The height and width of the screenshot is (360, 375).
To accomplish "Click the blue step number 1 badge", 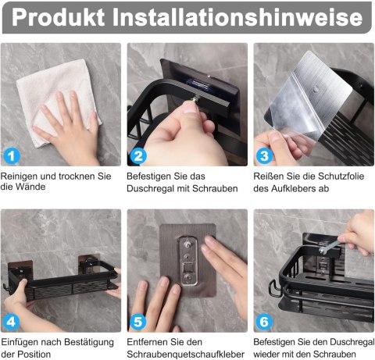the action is click(11, 156).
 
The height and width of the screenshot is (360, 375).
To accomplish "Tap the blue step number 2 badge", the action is click(138, 156).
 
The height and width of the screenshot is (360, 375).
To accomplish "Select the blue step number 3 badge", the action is click(264, 156).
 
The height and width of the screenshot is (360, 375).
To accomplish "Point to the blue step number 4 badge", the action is click(11, 322).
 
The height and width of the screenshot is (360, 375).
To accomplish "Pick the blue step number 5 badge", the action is click(138, 322).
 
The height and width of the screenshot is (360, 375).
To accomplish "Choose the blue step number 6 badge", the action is click(264, 322).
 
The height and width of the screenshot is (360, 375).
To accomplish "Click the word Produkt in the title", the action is click(59, 17).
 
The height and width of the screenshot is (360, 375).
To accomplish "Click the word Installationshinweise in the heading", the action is click(237, 17).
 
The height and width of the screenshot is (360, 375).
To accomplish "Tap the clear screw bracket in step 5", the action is click(188, 261).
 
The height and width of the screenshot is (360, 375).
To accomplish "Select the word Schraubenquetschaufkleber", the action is click(186, 355).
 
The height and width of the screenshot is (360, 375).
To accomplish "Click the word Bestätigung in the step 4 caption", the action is click(89, 342).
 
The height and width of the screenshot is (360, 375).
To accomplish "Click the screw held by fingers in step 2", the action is click(195, 99).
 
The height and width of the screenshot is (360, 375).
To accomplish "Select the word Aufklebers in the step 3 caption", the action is click(293, 188).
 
